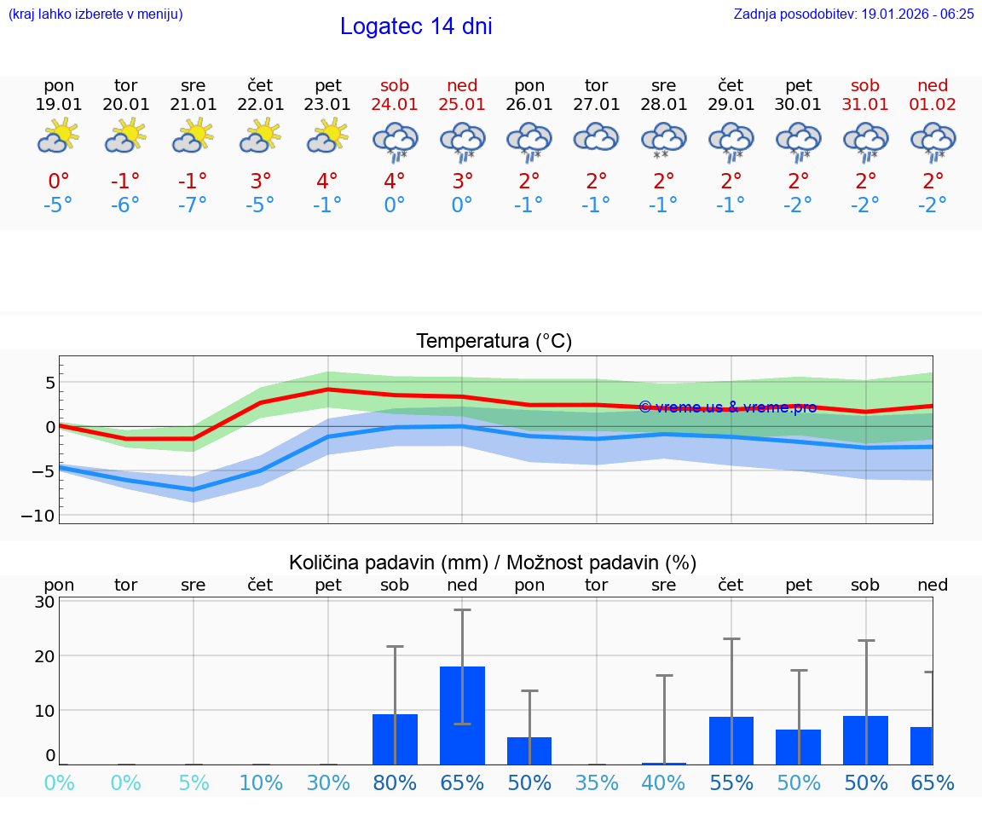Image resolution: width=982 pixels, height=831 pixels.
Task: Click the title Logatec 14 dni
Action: point(416,26)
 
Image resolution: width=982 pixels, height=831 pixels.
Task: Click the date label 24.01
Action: point(395,104)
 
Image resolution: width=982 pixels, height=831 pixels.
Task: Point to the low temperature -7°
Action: point(193,205)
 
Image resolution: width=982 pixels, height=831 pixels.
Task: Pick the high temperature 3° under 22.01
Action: point(260,181)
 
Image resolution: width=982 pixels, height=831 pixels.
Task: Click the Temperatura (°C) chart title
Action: point(494,342)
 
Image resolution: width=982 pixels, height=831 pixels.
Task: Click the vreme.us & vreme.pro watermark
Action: point(727,407)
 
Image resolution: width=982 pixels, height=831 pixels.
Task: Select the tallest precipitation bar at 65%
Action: point(462,715)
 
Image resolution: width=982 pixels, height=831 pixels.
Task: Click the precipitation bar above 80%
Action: point(395,739)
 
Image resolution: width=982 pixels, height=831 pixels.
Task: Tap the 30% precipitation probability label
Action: point(328,782)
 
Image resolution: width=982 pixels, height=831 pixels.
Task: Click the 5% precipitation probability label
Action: point(194,782)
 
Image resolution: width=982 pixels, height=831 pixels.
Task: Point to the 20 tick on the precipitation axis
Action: point(45,656)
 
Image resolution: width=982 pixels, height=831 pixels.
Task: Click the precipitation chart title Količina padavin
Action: point(493,563)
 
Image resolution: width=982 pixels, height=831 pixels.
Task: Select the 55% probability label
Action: point(731,782)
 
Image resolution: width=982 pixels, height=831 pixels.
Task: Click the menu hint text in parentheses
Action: point(95,14)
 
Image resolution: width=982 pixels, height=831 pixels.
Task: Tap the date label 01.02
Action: point(933,104)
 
